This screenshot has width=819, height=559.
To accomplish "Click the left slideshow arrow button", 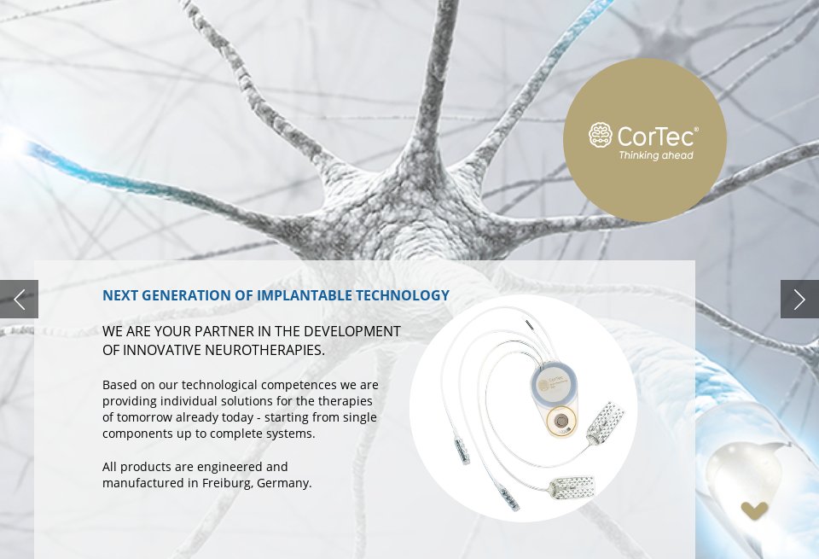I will coord(19,300).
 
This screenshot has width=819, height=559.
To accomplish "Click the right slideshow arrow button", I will coord(799,300).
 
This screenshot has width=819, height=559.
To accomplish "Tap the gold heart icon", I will coord(754,510).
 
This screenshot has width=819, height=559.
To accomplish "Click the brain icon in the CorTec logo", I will coord(601,135).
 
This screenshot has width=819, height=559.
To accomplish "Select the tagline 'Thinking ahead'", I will coord(655,155).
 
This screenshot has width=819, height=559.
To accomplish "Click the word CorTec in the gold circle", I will coord(657,136).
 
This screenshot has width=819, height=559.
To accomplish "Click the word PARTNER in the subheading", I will coord(223,331).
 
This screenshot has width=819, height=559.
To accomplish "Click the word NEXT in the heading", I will coord(120,295).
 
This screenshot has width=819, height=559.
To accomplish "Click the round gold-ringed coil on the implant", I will coord(561,421).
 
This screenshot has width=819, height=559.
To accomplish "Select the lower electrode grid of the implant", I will coord(572,488).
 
